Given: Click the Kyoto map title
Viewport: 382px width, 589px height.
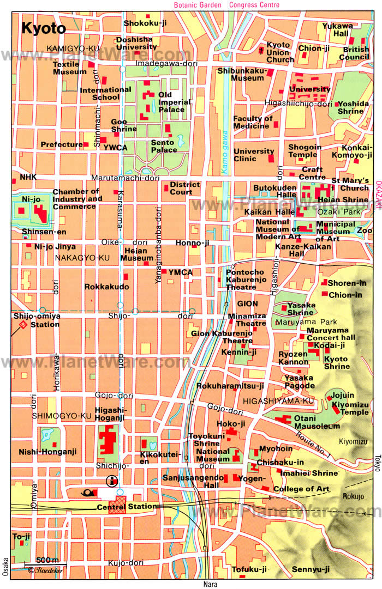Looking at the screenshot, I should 44,28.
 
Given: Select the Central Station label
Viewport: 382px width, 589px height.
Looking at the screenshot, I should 127,507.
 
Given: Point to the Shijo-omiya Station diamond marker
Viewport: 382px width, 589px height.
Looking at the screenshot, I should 23,325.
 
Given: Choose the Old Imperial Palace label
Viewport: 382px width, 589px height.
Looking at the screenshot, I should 174,102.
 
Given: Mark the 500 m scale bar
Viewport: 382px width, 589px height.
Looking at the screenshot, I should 47,562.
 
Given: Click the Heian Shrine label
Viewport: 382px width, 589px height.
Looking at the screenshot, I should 350,200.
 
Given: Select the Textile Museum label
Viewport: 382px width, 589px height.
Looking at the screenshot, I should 69,68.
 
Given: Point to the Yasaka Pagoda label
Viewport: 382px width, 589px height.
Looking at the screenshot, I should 299,381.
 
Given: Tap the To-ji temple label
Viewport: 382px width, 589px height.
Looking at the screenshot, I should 21,537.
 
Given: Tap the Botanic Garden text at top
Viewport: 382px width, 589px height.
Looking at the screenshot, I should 198,5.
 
